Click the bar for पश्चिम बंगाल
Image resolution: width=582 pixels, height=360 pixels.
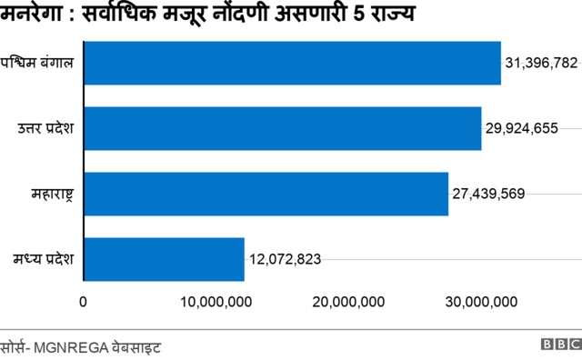tap(292, 64)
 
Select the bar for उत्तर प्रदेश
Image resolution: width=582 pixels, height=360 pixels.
tap(282, 128)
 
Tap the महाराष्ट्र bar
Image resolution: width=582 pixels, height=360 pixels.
tap(266, 194)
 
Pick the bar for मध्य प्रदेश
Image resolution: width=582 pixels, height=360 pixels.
tap(164, 259)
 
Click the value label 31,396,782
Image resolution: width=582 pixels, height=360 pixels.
tap(541, 64)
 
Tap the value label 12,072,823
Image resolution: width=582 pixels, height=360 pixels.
tap(285, 259)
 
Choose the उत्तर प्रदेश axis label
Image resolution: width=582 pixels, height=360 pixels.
tap(46, 128)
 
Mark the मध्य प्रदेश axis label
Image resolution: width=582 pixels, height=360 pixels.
tap(45, 259)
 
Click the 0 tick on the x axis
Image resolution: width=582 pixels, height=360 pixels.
tap(84, 302)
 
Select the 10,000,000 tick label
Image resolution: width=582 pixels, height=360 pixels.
tap(217, 302)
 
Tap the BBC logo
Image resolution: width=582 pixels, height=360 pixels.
tap(560, 345)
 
